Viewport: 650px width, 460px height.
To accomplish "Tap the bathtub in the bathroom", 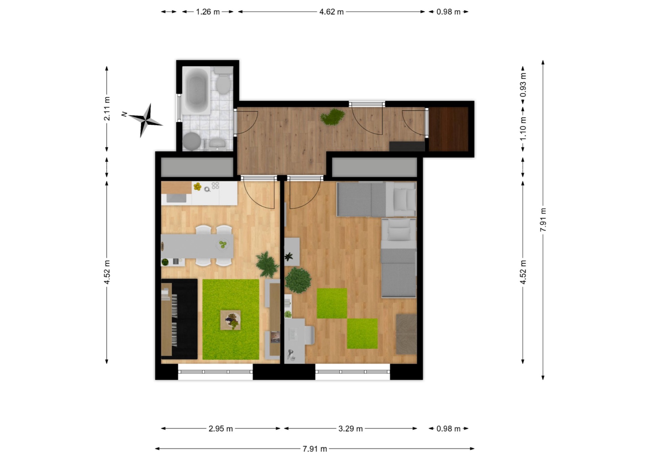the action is click(197, 91).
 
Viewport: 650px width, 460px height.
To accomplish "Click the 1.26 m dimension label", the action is click(208, 12).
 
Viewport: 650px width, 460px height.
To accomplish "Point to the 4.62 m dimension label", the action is click(331, 12).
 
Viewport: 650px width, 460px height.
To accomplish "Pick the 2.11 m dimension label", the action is click(107, 108).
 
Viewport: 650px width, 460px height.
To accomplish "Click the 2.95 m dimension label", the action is click(221, 429).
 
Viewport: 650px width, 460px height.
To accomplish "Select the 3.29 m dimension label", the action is click(350, 429).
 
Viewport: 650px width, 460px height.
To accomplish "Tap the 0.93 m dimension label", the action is click(523, 85).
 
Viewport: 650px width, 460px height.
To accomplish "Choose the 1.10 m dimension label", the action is click(523, 129).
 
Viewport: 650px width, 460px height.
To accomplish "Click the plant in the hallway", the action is click(332, 117).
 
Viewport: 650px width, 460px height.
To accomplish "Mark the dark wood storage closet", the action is click(449, 129).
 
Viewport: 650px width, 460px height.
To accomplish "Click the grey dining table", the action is click(197, 246).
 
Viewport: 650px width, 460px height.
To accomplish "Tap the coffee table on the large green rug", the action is click(231, 320).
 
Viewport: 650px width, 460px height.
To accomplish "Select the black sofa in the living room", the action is click(179, 319).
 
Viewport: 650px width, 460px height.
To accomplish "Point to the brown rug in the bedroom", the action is click(406, 334).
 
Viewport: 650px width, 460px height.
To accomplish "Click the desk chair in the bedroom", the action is click(309, 336).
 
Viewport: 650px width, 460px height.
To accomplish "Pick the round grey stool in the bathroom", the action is click(192, 141).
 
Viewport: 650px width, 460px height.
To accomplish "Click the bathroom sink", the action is click(217, 144).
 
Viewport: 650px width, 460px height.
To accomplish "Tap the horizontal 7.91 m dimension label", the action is click(315, 449).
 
